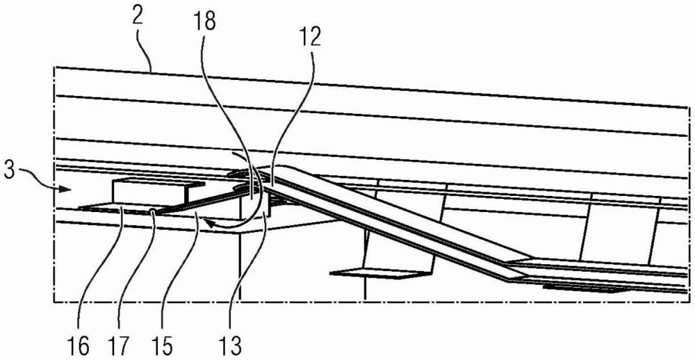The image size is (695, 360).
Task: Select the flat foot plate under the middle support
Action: tap(372, 273)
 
